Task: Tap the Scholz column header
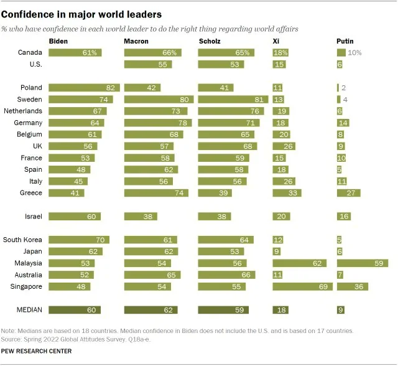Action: [210, 41]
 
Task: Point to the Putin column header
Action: [345, 41]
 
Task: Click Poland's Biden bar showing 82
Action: [84, 88]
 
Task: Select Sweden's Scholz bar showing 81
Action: [233, 100]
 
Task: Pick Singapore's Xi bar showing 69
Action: [302, 287]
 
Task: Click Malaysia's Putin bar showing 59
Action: [363, 263]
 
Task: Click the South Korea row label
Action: [22, 240]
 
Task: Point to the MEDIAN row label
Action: [29, 310]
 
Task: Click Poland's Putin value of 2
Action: [343, 88]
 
